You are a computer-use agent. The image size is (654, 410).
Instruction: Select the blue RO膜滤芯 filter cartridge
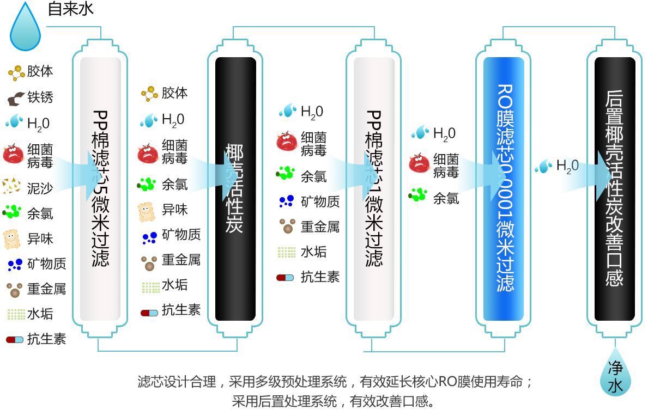pyautogui.click(x=504, y=188)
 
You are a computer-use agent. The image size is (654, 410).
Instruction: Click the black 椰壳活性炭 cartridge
pyautogui.click(x=235, y=188)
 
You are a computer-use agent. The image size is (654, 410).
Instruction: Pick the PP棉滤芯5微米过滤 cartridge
pyautogui.click(x=100, y=188)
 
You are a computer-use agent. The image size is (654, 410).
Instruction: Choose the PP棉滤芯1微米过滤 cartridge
pyautogui.click(x=374, y=188)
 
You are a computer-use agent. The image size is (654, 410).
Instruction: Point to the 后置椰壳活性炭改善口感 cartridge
pyautogui.click(x=615, y=188)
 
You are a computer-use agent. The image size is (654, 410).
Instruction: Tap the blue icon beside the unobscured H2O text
pyautogui.click(x=542, y=167)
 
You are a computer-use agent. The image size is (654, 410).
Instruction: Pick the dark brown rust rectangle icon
pyautogui.click(x=15, y=99)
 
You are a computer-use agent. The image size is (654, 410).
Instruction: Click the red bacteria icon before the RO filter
pyautogui.click(x=420, y=162)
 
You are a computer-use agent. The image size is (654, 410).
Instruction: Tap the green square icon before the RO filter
pyautogui.click(x=417, y=194)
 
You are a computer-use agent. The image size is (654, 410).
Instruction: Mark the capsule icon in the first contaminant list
pyautogui.click(x=15, y=339)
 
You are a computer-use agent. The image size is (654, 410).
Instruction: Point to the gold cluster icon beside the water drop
pyautogui.click(x=16, y=72)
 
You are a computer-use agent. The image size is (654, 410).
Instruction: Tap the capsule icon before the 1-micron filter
pyautogui.click(x=285, y=278)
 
